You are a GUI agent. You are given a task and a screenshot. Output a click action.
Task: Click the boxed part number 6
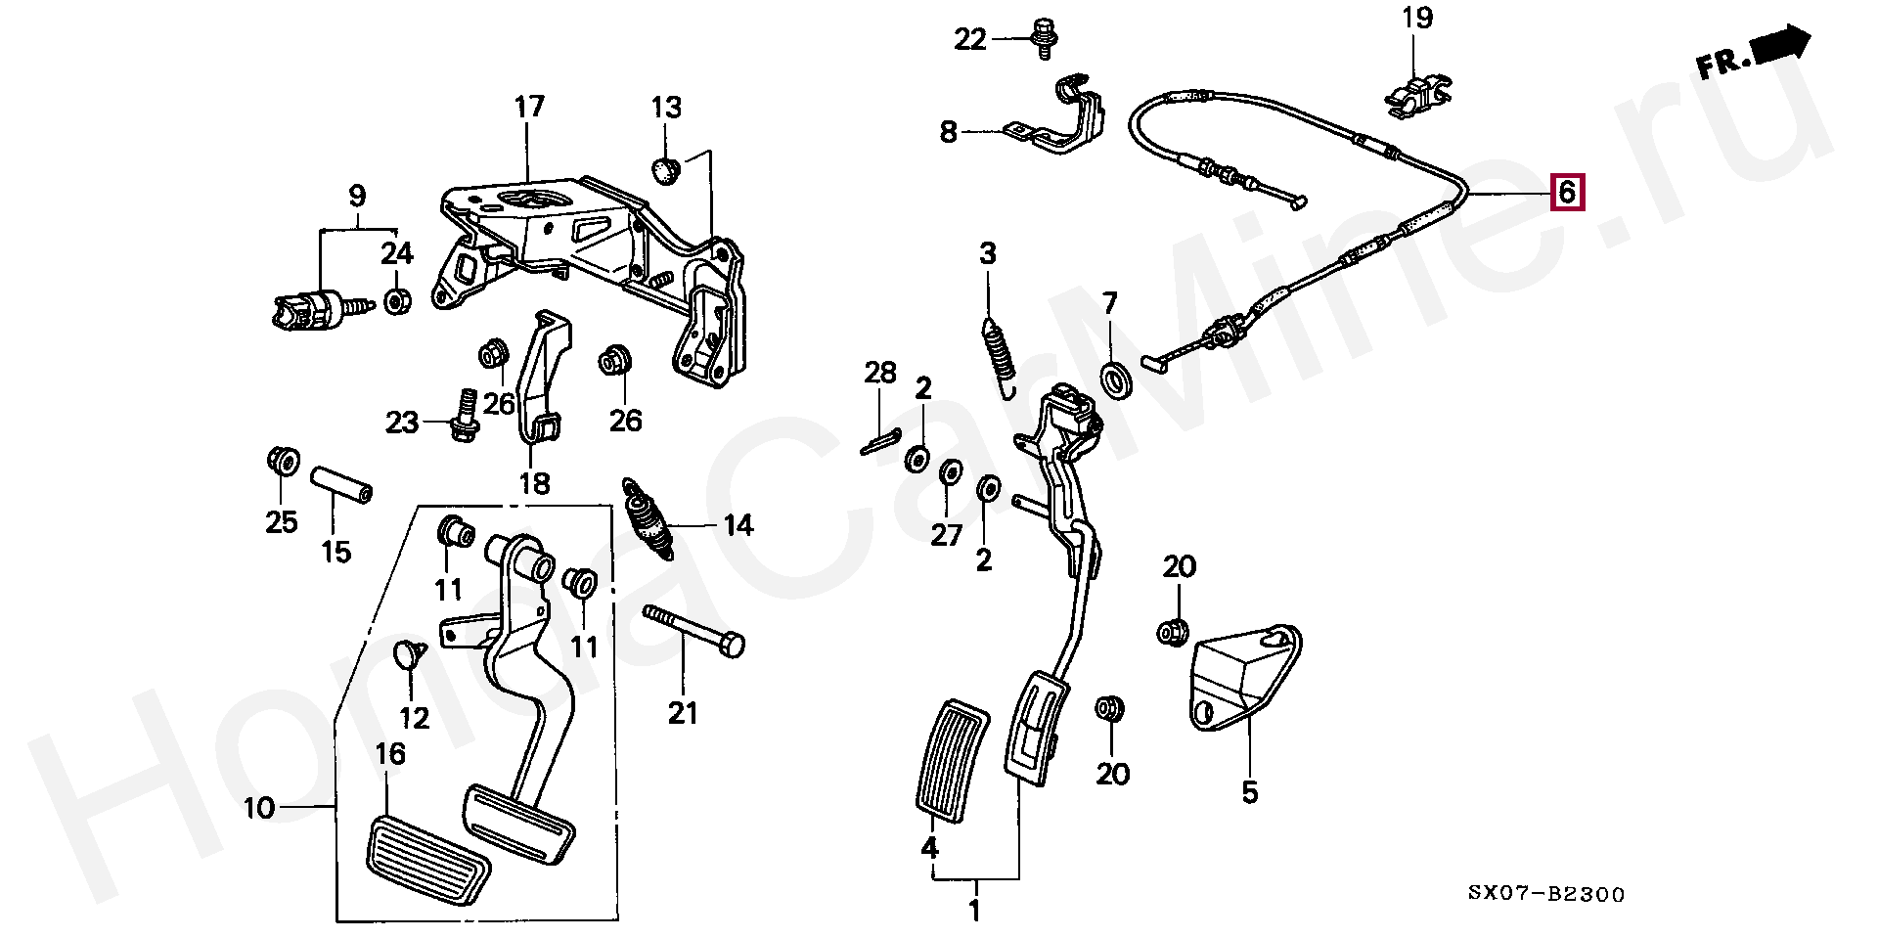pyautogui.click(x=1567, y=192)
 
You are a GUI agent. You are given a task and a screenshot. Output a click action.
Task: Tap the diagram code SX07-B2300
pyautogui.click(x=1546, y=894)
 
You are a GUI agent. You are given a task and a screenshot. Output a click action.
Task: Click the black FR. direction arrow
pyautogui.click(x=1783, y=45)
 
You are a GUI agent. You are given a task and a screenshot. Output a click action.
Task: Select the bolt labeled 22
pyautogui.click(x=1045, y=38)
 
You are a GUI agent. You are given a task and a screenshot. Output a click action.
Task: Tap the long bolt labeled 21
pyautogui.click(x=693, y=631)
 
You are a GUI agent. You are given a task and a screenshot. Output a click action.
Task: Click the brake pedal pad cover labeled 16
pyautogui.click(x=427, y=847)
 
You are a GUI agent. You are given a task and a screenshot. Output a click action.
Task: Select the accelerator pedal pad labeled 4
pyautogui.click(x=952, y=760)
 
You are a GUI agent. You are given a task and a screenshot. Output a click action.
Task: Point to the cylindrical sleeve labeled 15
pyautogui.click(x=341, y=485)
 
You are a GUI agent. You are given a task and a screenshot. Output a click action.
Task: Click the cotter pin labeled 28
pyautogui.click(x=883, y=442)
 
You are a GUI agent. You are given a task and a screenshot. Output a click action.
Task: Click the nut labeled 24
pyautogui.click(x=396, y=300)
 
